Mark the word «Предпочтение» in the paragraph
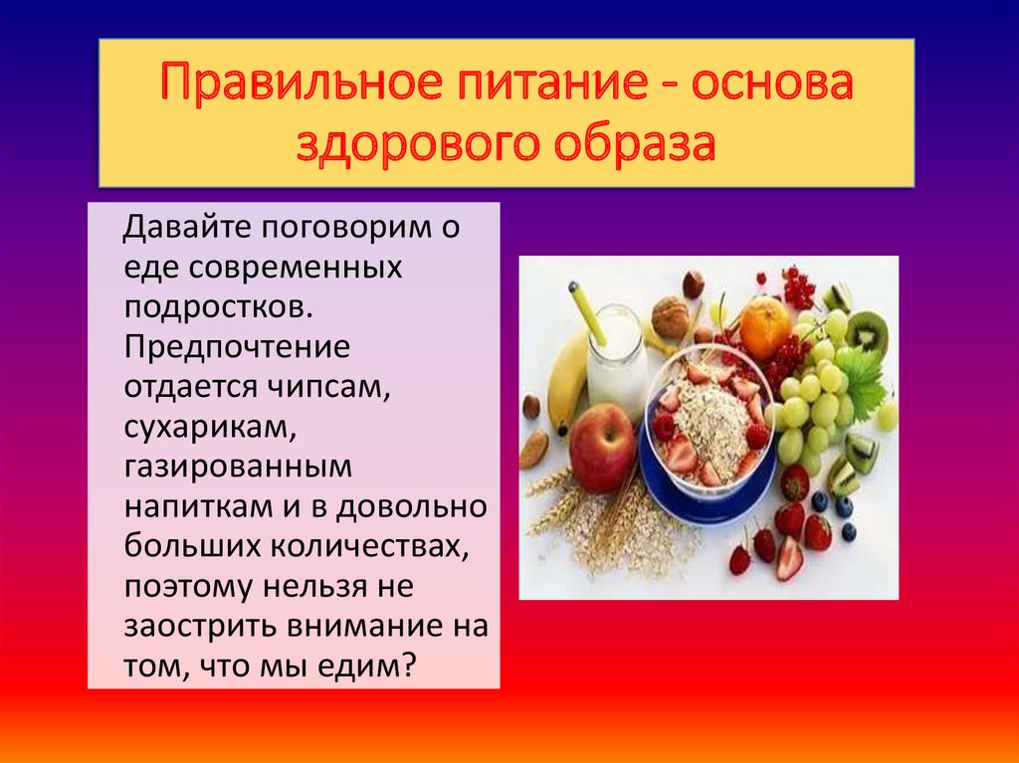coord(237,348)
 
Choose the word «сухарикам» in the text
coord(210,429)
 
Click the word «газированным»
coord(238,468)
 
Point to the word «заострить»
coord(200,627)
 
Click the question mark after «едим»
coord(407,667)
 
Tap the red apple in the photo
coord(601,448)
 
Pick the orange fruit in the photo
coord(765,327)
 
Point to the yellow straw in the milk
coord(587,313)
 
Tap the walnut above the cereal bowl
coord(670,317)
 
